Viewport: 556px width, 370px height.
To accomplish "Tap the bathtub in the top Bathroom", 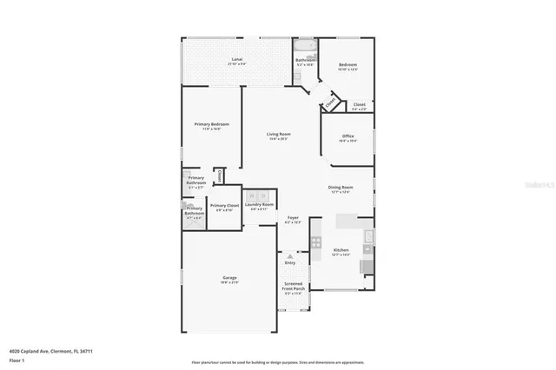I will click(x=307, y=45).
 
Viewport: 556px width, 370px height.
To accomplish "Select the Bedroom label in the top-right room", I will click(x=347, y=64).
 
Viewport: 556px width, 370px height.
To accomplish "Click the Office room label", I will click(x=347, y=136).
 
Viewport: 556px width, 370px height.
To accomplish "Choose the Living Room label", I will click(x=278, y=134).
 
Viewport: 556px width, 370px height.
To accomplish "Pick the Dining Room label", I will click(x=341, y=188).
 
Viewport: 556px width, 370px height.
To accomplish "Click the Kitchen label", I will click(x=341, y=249).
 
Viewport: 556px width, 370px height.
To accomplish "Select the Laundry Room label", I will click(x=261, y=204).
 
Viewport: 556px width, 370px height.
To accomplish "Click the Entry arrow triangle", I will click(x=290, y=256).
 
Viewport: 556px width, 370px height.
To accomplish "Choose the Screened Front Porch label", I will click(x=294, y=286).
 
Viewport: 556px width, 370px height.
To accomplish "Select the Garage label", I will click(x=229, y=277).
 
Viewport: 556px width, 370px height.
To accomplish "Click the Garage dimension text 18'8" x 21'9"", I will click(x=229, y=282).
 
